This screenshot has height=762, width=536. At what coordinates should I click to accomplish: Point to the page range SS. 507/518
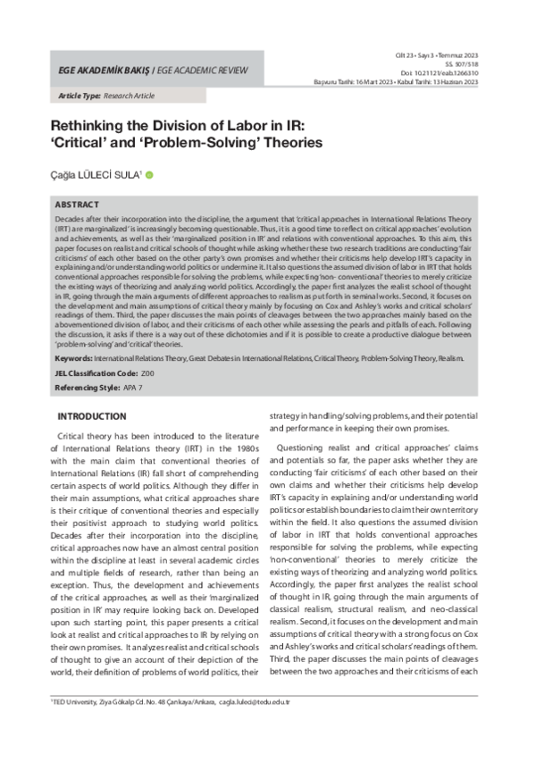click(x=463, y=64)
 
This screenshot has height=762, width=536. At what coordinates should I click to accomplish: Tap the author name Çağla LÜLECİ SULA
click(x=96, y=175)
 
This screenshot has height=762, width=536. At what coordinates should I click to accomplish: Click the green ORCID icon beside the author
click(x=149, y=175)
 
